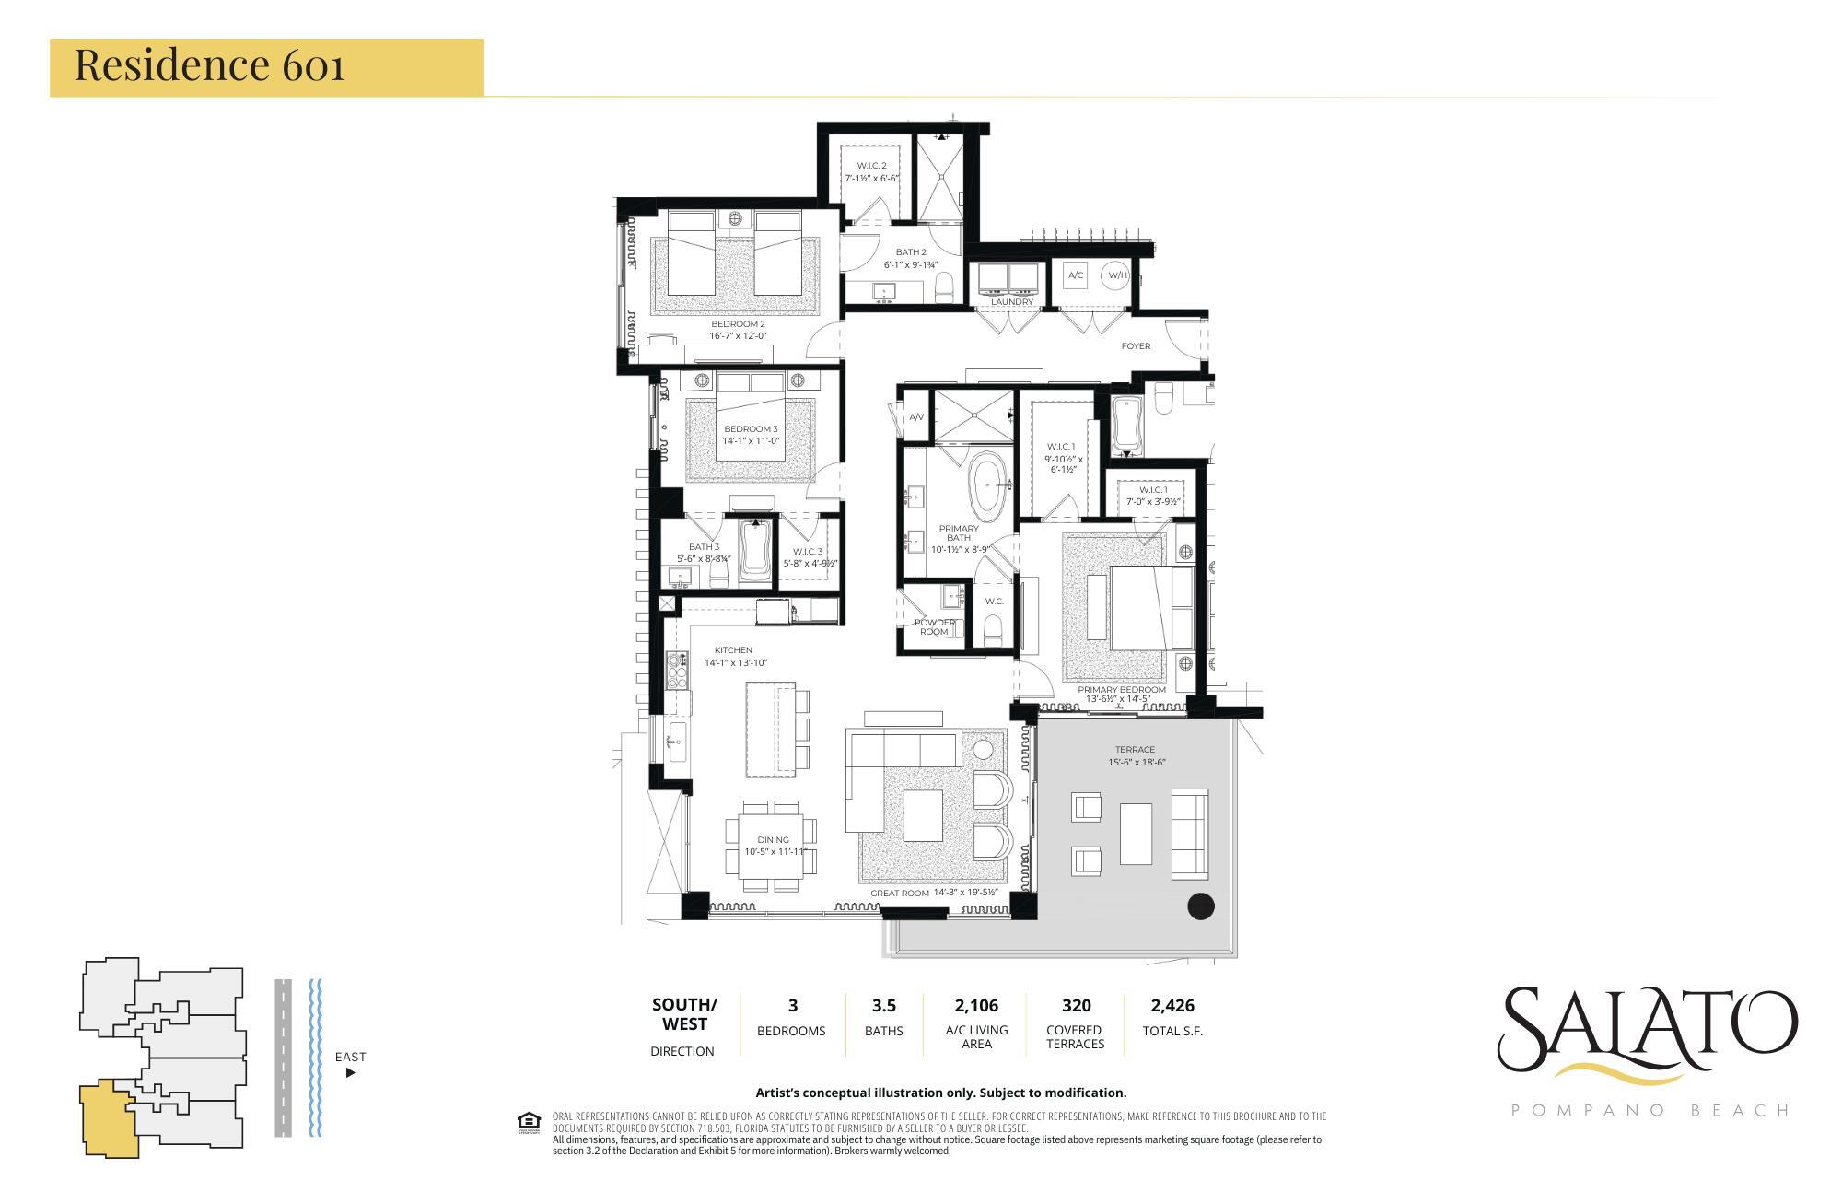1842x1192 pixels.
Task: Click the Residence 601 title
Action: (209, 65)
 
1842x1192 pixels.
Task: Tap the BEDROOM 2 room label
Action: (738, 324)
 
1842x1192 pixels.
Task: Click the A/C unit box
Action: (1075, 275)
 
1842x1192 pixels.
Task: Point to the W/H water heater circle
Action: (1116, 275)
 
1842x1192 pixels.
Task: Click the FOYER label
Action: (1136, 346)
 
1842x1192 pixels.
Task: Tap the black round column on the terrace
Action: (1201, 906)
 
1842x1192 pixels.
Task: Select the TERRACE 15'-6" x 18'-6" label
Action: (1134, 755)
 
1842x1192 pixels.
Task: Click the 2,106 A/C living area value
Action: (976, 1006)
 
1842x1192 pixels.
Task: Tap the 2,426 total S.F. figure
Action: (1172, 1006)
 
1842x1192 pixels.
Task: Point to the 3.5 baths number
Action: (883, 1006)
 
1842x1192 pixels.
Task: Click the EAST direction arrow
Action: (350, 1072)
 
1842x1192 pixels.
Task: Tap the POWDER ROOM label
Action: (934, 626)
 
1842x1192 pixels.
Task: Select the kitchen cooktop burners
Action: (677, 671)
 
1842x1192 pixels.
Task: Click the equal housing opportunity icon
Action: (529, 1122)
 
